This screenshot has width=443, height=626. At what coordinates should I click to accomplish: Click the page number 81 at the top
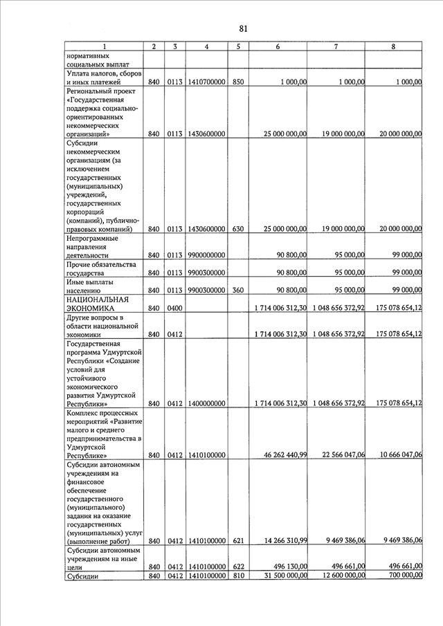click(243, 28)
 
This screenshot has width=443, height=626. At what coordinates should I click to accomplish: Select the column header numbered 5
click(237, 46)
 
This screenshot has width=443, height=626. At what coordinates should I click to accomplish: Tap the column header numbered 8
click(393, 46)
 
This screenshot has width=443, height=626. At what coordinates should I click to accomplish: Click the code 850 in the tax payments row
click(237, 82)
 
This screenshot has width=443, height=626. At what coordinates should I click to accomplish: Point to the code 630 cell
click(237, 229)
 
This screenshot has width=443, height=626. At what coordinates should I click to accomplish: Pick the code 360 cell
click(237, 290)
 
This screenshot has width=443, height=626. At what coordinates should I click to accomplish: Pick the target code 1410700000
click(206, 82)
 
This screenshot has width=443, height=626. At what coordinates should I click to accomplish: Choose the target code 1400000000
click(206, 404)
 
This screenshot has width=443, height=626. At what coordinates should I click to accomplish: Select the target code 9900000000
click(206, 255)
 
